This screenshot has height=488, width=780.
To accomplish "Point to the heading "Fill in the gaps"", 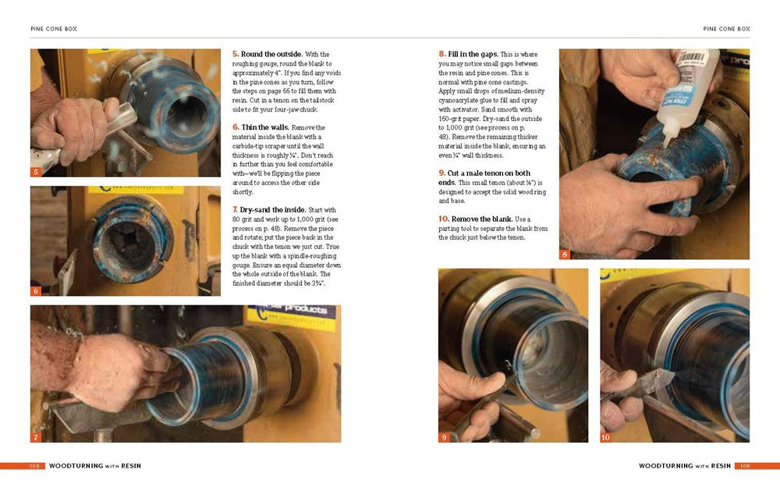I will [473, 54].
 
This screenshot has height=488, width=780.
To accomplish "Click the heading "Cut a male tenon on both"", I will [489, 173].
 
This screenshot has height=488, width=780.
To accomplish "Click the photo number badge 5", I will [36, 172].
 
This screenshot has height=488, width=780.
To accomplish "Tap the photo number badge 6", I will [36, 290].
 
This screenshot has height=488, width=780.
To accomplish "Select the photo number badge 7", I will [36, 437].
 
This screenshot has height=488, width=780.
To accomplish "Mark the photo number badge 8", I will [565, 255].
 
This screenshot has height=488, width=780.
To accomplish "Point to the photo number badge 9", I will [444, 437].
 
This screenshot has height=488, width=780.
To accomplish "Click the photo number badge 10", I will [606, 437].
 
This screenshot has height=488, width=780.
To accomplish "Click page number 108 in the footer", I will [35, 465].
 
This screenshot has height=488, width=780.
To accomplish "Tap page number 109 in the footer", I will [745, 465].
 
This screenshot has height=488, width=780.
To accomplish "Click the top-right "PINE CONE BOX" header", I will [726, 29].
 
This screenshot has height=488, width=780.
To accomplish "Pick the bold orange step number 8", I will [441, 54].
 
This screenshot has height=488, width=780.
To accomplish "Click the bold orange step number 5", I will [236, 54].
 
